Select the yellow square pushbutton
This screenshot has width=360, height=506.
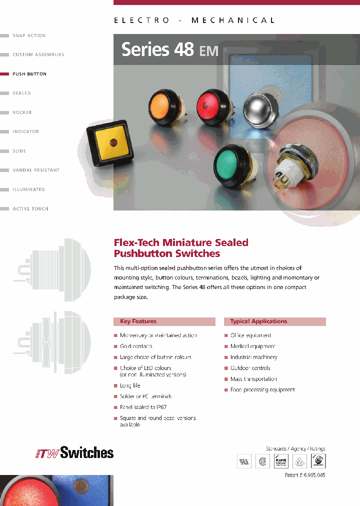click(114, 143)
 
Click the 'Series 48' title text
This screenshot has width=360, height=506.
click(145, 49)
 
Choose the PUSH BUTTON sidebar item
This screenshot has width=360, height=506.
click(29, 74)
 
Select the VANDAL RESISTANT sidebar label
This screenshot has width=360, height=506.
click(36, 170)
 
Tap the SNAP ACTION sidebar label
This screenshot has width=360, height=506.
click(29, 35)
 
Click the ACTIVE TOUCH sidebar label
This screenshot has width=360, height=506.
click(30, 209)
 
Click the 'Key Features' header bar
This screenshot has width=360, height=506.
click(164, 321)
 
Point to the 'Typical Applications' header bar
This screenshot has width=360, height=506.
click(275, 321)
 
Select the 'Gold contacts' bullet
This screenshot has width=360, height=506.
click(136, 346)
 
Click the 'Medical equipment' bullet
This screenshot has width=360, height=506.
click(253, 346)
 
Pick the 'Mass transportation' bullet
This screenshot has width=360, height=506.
click(253, 379)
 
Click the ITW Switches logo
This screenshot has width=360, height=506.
click(74, 453)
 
